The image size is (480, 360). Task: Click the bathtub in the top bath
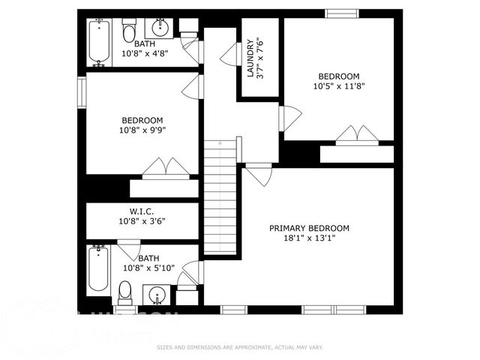click(99, 42)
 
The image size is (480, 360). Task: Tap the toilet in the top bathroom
click(129, 31)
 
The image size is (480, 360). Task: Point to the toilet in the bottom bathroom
click(126, 289)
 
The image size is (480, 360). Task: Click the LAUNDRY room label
click(250, 58)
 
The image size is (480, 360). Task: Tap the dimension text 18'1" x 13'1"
click(309, 239)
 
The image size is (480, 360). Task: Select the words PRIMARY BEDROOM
click(309, 229)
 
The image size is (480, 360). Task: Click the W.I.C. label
click(142, 211)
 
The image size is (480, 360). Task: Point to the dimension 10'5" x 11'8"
click(338, 85)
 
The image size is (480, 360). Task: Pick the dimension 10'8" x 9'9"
click(142, 130)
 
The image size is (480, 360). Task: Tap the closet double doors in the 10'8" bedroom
click(163, 167)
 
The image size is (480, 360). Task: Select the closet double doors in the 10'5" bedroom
click(357, 134)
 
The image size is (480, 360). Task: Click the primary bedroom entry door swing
click(259, 175)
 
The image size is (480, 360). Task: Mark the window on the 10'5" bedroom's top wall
click(341, 13)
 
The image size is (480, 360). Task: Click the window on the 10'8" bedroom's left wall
click(82, 93)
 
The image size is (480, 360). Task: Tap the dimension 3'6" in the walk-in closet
click(156, 221)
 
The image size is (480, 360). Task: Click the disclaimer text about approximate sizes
click(239, 347)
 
